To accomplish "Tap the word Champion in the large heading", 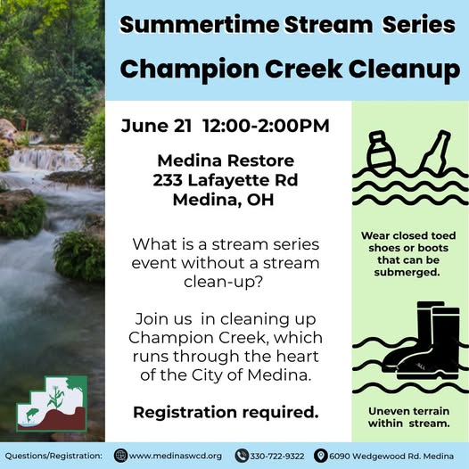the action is [x=190, y=70].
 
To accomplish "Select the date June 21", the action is [x=156, y=126].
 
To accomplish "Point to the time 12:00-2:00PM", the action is [x=266, y=126].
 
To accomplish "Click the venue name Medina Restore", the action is [x=226, y=160].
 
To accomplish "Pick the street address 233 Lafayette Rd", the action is [x=226, y=180].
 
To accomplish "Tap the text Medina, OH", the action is [x=224, y=200].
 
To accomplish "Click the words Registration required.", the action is [x=226, y=413].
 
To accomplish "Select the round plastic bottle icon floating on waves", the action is [x=381, y=152].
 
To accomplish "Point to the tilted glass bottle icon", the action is [x=435, y=152].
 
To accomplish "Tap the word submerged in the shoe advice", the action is [x=407, y=273].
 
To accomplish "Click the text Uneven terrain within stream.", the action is [x=409, y=417].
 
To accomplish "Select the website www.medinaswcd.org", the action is [x=176, y=457].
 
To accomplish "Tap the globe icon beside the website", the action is [x=120, y=457].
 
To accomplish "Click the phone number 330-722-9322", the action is [x=277, y=457].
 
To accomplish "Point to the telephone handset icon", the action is [x=242, y=457].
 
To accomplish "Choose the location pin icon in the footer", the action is [x=321, y=457].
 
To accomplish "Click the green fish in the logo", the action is [x=32, y=415].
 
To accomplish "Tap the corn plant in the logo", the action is [x=56, y=397].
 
